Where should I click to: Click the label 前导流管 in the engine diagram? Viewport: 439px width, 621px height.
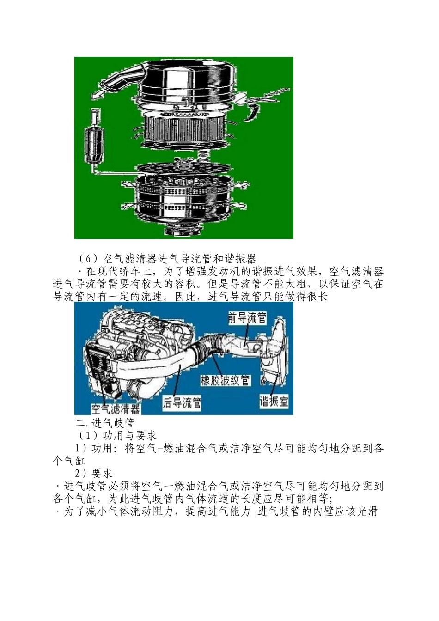click(247, 318)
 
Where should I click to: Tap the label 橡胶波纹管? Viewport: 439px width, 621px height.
click(225, 380)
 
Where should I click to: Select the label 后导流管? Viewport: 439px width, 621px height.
click(182, 403)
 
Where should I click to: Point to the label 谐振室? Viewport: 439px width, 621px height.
click(274, 401)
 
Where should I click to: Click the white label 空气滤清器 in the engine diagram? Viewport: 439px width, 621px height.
click(116, 408)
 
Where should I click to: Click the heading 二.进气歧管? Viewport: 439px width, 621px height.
click(105, 423)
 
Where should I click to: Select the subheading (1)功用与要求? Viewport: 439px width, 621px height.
click(117, 435)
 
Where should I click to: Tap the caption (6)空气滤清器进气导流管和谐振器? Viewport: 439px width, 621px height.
click(167, 258)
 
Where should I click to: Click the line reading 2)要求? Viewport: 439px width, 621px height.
click(94, 473)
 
